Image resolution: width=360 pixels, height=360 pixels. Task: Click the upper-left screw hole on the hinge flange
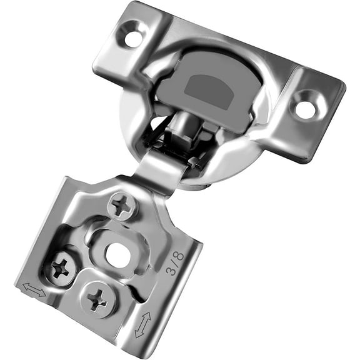coord(134,37)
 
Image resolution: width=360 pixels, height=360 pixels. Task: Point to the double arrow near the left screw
coord(34,289)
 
